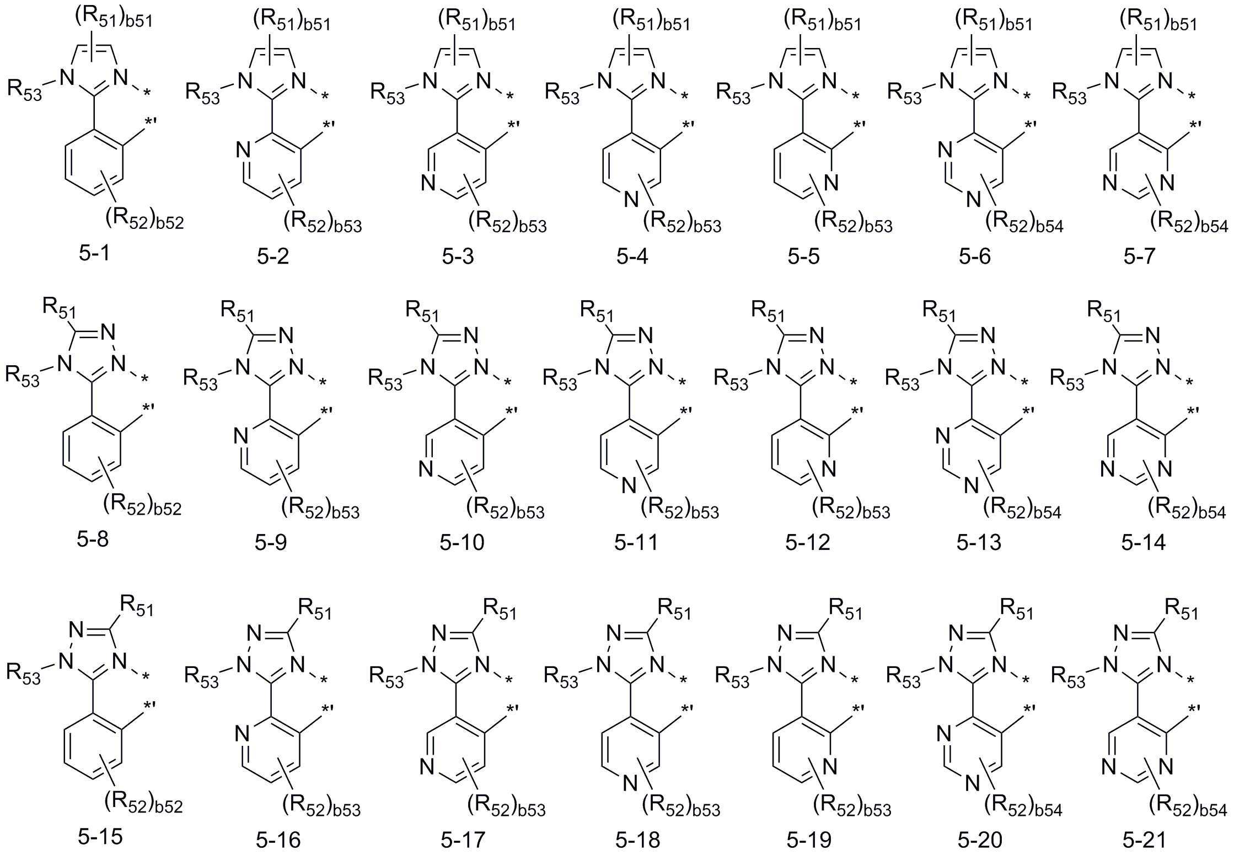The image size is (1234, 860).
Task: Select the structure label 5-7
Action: tap(1139, 256)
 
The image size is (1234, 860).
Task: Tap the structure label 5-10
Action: tap(462, 542)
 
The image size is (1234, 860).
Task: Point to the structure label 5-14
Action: tap(1144, 542)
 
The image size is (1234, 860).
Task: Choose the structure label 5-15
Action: tap(100, 837)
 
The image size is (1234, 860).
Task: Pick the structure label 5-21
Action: tap(1145, 840)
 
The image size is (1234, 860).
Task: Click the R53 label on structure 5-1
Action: tap(24, 89)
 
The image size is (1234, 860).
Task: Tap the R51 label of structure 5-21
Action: tap(1182, 610)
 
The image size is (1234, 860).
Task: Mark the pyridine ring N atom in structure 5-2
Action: tap(243, 150)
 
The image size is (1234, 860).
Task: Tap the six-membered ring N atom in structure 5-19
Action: tap(830, 767)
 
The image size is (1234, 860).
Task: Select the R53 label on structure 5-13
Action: tap(903, 378)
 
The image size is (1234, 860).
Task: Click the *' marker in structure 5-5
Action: tap(860, 126)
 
